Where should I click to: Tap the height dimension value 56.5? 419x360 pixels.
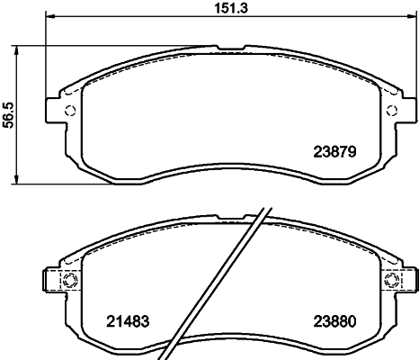pos(9,116)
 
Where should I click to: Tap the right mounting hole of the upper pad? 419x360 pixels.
pos(390,111)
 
